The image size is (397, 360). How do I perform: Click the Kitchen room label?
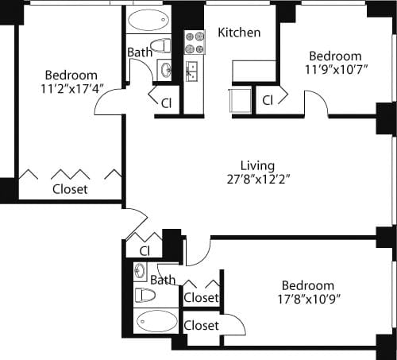tap(239, 33)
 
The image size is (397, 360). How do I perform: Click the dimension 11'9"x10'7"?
tap(334, 71)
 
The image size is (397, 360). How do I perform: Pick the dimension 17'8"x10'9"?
tap(307, 300)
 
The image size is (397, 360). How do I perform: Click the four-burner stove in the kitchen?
tap(195, 43)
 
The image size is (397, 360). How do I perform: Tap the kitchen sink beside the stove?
tap(192, 72)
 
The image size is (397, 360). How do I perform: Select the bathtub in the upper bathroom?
tap(148, 20)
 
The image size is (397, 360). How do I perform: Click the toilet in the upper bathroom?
tap(160, 45)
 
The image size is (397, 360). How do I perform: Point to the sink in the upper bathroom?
tap(164, 70)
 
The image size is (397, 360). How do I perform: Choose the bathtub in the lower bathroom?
tap(157, 322)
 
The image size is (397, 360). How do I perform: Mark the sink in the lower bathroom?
tap(140, 272)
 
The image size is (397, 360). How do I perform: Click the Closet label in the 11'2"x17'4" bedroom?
tap(70, 190)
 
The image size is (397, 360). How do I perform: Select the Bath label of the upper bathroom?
tap(140, 53)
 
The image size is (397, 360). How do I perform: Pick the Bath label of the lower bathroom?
tap(163, 280)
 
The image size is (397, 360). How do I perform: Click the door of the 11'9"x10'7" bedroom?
tap(316, 103)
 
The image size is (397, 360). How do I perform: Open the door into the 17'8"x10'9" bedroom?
tap(198, 250)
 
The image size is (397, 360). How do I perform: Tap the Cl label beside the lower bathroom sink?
tap(145, 251)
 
